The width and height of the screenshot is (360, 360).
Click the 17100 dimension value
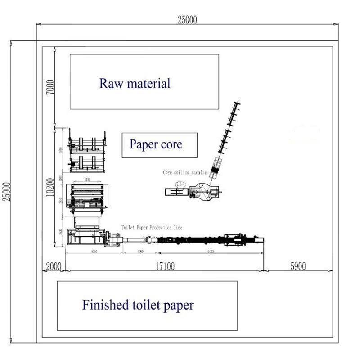point(165,266)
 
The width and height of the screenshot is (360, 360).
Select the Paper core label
point(156,144)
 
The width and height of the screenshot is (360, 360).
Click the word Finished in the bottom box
point(104,305)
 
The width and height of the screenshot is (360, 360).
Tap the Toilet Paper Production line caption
point(152,228)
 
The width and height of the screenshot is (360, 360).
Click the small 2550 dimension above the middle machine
point(88,180)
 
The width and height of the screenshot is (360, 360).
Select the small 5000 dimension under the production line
point(94,252)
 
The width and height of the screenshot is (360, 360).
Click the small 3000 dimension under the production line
point(140,252)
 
